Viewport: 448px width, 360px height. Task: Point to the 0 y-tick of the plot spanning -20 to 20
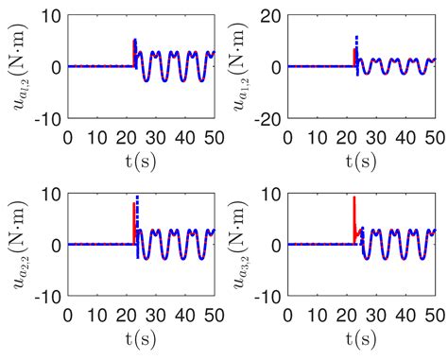click(x=276, y=67)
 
